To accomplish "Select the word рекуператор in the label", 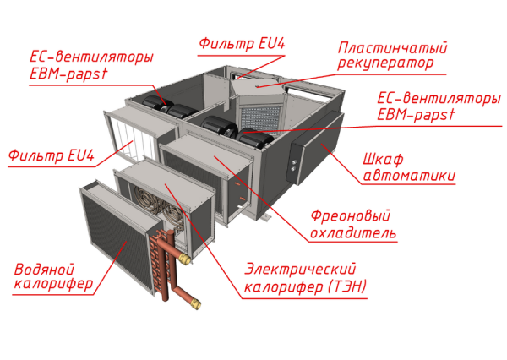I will click(x=384, y=64).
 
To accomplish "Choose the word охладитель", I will click(x=352, y=232).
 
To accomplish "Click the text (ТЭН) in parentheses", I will click(x=346, y=286).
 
